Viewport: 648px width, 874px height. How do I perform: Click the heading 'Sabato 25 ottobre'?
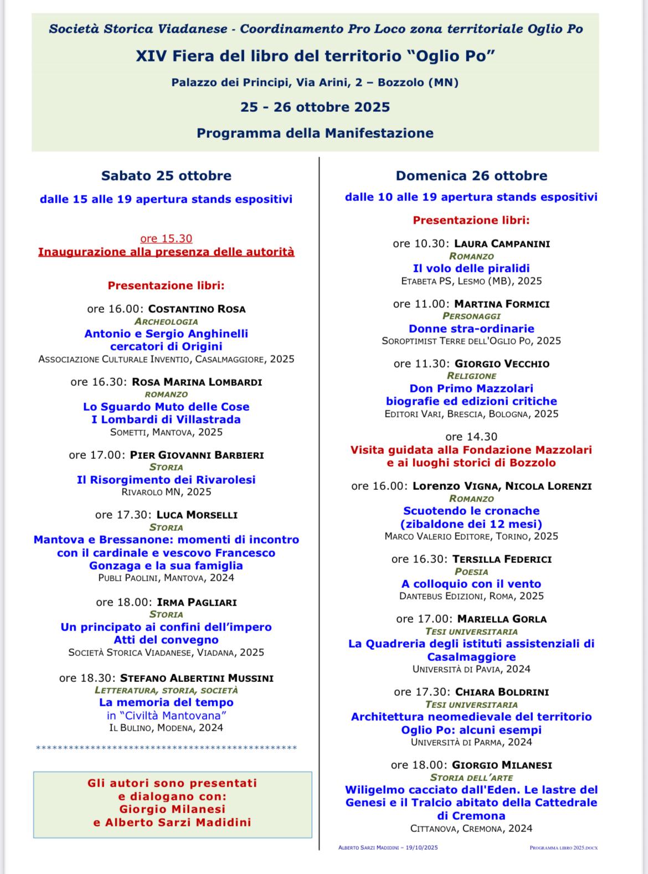(166, 175)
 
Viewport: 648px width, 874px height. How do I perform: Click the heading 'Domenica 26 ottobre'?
(471, 175)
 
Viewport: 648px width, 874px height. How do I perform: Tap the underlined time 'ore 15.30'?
(166, 239)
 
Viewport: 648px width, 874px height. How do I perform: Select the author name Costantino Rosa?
(197, 309)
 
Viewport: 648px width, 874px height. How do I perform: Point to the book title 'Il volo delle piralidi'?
(471, 268)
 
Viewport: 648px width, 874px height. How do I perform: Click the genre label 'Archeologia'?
(166, 321)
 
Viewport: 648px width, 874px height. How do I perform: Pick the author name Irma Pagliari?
(197, 602)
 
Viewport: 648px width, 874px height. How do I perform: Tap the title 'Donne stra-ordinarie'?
(471, 328)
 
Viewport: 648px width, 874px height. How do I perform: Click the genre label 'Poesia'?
(471, 571)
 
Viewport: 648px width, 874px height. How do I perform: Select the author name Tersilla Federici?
(502, 559)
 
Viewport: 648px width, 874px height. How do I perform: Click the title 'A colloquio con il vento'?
(471, 583)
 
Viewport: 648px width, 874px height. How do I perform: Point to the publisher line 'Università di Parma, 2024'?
(471, 742)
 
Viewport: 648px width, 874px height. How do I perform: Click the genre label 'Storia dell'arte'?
(471, 777)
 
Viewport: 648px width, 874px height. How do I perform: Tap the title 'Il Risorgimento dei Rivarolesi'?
(166, 479)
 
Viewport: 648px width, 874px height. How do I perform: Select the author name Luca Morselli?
(197, 514)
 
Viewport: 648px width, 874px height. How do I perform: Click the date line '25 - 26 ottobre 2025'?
(315, 107)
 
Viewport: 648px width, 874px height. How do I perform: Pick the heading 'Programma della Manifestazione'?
(315, 133)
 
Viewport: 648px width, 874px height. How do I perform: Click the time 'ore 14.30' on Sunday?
(471, 437)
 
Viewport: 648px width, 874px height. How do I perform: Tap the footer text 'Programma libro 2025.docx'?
(563, 847)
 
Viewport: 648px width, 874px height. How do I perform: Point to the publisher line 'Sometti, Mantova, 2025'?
(166, 432)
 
